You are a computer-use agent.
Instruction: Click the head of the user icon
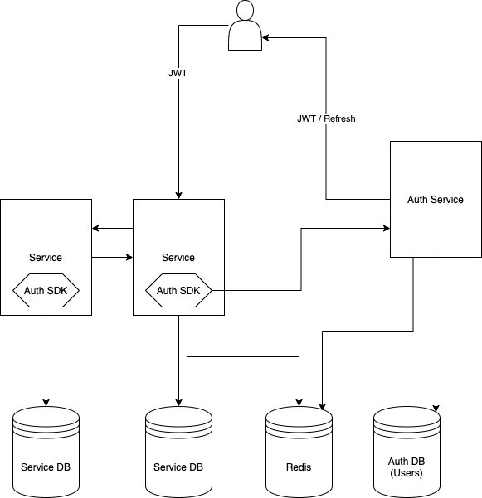click(244, 10)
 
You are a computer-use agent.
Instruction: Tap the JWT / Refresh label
click(326, 119)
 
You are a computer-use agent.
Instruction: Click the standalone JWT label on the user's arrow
click(178, 73)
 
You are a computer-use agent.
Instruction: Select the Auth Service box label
click(436, 200)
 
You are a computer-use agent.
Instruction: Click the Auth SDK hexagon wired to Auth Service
click(178, 290)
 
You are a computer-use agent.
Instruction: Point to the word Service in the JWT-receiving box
click(178, 258)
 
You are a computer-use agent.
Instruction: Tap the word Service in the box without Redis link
click(46, 258)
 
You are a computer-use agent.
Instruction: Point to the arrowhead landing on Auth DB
click(436, 408)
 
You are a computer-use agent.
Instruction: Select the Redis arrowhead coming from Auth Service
click(321, 408)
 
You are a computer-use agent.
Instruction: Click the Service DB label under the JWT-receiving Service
click(178, 467)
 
